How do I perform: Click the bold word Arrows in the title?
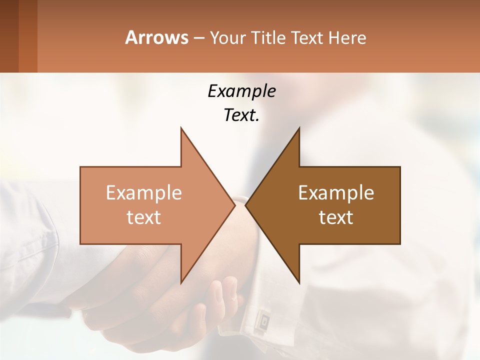tap(156, 37)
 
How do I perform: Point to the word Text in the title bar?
tap(308, 37)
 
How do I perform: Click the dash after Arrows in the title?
tap(198, 38)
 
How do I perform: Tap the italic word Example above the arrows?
tap(241, 91)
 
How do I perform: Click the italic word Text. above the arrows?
tap(241, 115)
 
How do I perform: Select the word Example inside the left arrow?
tap(143, 193)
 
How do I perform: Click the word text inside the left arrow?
tap(143, 217)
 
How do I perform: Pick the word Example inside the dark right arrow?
tap(336, 193)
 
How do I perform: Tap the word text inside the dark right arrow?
tap(336, 217)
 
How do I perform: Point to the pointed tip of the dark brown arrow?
tap(246, 205)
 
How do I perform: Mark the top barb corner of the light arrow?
tap(181, 128)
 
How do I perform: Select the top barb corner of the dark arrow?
tap(299, 128)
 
